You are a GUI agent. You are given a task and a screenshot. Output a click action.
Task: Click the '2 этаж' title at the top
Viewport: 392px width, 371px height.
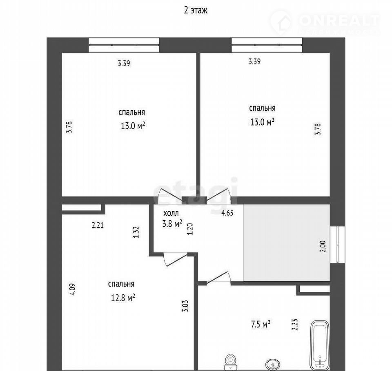point(196,10)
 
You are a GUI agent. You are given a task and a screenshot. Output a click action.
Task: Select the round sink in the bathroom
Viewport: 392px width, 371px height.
point(273,364)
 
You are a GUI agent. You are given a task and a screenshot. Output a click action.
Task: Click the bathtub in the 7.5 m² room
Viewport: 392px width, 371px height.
point(320,345)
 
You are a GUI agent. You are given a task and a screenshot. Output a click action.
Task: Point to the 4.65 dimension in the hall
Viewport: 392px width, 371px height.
point(227,213)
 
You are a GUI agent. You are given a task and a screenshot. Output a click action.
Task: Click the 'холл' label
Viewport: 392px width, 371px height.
point(171,214)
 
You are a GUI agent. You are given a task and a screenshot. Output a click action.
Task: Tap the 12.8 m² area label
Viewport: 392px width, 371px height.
point(123,298)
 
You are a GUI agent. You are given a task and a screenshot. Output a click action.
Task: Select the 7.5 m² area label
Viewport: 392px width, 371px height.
point(261,324)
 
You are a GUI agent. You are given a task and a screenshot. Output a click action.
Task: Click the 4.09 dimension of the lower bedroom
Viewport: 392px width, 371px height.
point(73,289)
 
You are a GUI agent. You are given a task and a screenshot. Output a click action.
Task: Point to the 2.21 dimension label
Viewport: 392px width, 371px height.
point(98,225)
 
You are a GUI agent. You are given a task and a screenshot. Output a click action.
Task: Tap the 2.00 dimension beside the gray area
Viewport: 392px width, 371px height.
point(323,246)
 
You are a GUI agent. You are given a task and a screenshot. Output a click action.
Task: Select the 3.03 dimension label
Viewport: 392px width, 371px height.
point(185,306)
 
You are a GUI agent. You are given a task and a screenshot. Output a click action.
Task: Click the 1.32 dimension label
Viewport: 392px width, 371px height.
point(136,232)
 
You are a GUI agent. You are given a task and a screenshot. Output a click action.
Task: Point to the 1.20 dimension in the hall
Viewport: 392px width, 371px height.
point(190,229)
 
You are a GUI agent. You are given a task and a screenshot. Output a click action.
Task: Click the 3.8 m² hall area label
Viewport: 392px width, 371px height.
point(172,223)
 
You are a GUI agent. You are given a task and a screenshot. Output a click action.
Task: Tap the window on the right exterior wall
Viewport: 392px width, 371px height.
point(338,245)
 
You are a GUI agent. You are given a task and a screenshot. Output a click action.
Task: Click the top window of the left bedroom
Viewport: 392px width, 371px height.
point(124,45)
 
